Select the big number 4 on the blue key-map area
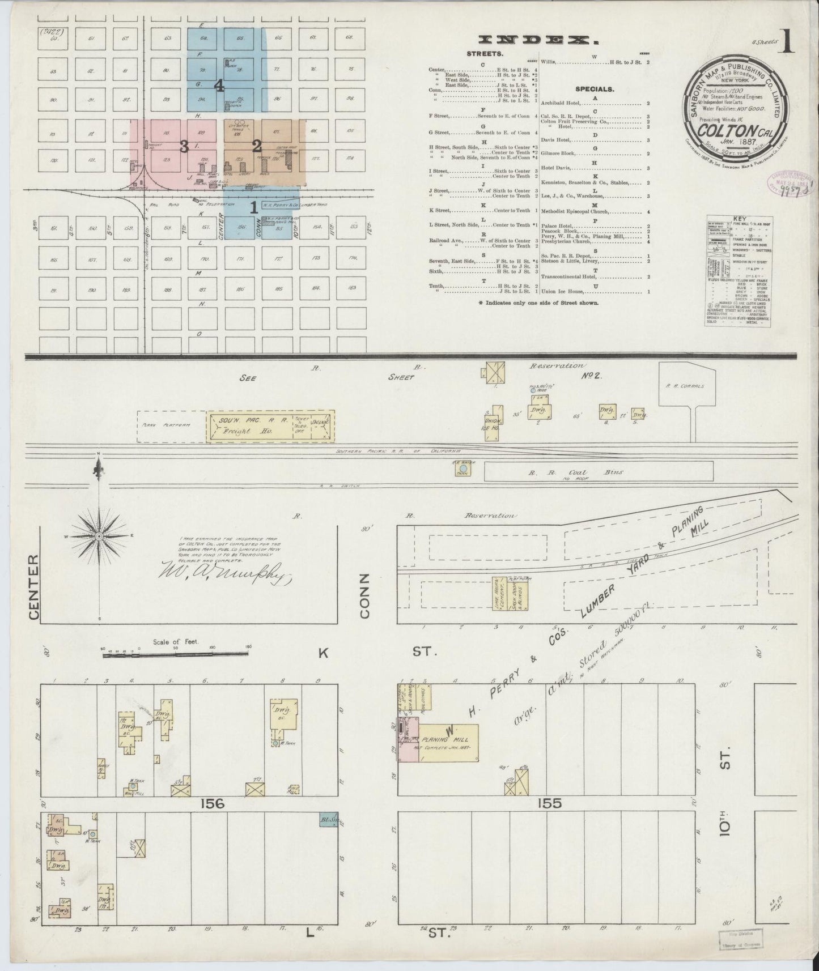tap(219, 86)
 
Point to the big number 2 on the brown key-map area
tap(256, 145)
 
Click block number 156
tap(211, 803)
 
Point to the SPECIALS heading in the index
tap(595, 89)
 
